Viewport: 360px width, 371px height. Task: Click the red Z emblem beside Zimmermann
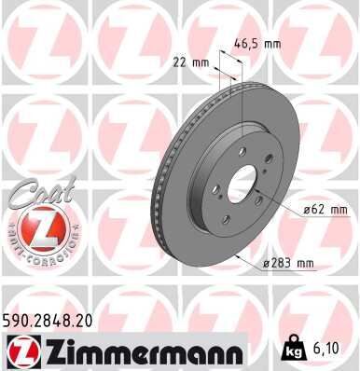point(18,351)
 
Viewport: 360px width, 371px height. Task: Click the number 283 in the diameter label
point(283,264)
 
